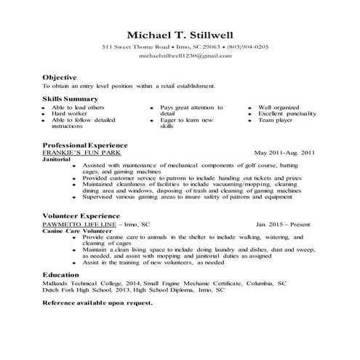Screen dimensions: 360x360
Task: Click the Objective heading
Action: pos(60,76)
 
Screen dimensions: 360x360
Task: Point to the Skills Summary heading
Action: pos(71,98)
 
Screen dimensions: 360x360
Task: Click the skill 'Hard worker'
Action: pos(70,113)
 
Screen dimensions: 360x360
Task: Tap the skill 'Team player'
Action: pos(277,120)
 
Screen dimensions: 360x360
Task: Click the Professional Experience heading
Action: pos(85,145)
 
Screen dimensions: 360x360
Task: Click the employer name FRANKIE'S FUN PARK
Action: pos(81,153)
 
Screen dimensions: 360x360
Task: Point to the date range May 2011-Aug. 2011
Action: pos(284,153)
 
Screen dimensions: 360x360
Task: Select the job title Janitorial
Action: pos(60,159)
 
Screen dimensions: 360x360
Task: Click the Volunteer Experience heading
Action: pos(81,216)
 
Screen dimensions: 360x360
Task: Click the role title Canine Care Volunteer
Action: pos(75,231)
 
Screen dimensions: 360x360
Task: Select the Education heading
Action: pos(60,275)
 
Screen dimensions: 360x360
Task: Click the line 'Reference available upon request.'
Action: pos(97,302)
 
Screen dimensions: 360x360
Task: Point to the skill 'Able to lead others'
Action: pos(77,107)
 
